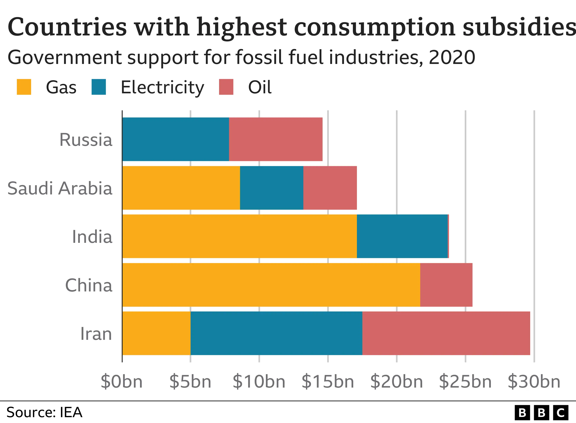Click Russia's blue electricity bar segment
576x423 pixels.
[176, 139]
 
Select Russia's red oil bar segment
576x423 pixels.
[276, 139]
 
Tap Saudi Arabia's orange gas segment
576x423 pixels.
[181, 188]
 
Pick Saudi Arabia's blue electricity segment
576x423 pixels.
[272, 188]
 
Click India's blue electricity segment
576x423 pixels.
[402, 236]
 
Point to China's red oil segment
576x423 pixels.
[446, 285]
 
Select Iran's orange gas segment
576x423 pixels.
[156, 333]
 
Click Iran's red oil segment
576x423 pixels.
[446, 333]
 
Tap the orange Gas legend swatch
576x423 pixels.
[24, 87]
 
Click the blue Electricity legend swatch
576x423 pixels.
[99, 87]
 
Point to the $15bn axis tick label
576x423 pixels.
[328, 382]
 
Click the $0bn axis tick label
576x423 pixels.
[122, 382]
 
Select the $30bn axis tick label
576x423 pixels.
[534, 382]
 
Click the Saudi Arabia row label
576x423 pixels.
[60, 188]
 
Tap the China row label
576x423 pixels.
[89, 285]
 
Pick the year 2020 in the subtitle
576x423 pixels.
[452, 57]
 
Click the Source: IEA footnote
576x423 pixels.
[44, 412]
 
